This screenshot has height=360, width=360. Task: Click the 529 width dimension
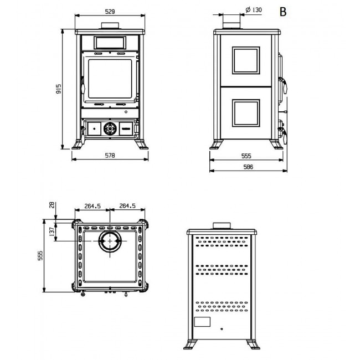[110, 12]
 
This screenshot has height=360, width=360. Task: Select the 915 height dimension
[59, 89]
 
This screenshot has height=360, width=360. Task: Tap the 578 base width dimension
[110, 156]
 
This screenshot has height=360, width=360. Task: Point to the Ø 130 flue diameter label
[254, 10]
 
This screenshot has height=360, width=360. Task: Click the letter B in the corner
[283, 12]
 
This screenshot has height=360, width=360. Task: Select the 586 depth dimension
[248, 167]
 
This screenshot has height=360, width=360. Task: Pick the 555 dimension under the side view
[246, 156]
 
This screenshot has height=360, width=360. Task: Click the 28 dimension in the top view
[53, 205]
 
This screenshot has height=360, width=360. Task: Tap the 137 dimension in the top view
[53, 231]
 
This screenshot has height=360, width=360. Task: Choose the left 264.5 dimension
[92, 206]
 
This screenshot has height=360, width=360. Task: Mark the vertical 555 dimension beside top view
[40, 255]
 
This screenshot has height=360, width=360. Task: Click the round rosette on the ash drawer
[110, 128]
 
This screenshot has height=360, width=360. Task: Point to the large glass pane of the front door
[110, 79]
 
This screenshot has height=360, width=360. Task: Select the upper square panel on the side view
[246, 60]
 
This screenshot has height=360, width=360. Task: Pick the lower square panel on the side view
[246, 113]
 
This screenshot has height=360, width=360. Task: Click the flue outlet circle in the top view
[110, 241]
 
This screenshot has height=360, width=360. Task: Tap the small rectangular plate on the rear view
[202, 322]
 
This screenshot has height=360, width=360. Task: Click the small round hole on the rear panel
[222, 329]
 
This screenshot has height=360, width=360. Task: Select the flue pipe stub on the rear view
[222, 225]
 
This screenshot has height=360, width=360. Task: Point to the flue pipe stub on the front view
[110, 25]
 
